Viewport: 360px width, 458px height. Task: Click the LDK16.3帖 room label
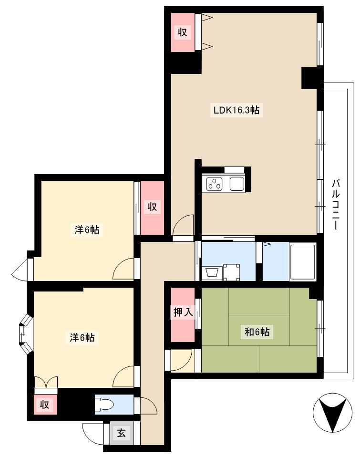(237, 110)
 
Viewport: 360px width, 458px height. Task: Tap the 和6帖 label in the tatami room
(257, 332)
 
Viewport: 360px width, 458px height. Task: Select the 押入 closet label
(183, 312)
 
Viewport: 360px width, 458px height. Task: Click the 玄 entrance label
(122, 433)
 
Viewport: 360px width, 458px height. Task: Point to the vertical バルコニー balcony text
(336, 205)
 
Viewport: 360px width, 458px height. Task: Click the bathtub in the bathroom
(302, 262)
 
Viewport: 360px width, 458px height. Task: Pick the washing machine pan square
(232, 272)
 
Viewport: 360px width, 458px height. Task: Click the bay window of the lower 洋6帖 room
(25, 334)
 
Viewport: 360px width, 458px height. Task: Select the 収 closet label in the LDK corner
(183, 31)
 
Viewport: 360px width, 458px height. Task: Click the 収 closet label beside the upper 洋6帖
(152, 207)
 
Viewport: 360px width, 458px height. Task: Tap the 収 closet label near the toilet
(44, 405)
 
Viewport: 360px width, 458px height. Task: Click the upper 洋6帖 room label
(87, 229)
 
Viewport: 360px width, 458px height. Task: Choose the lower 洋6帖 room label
(82, 337)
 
